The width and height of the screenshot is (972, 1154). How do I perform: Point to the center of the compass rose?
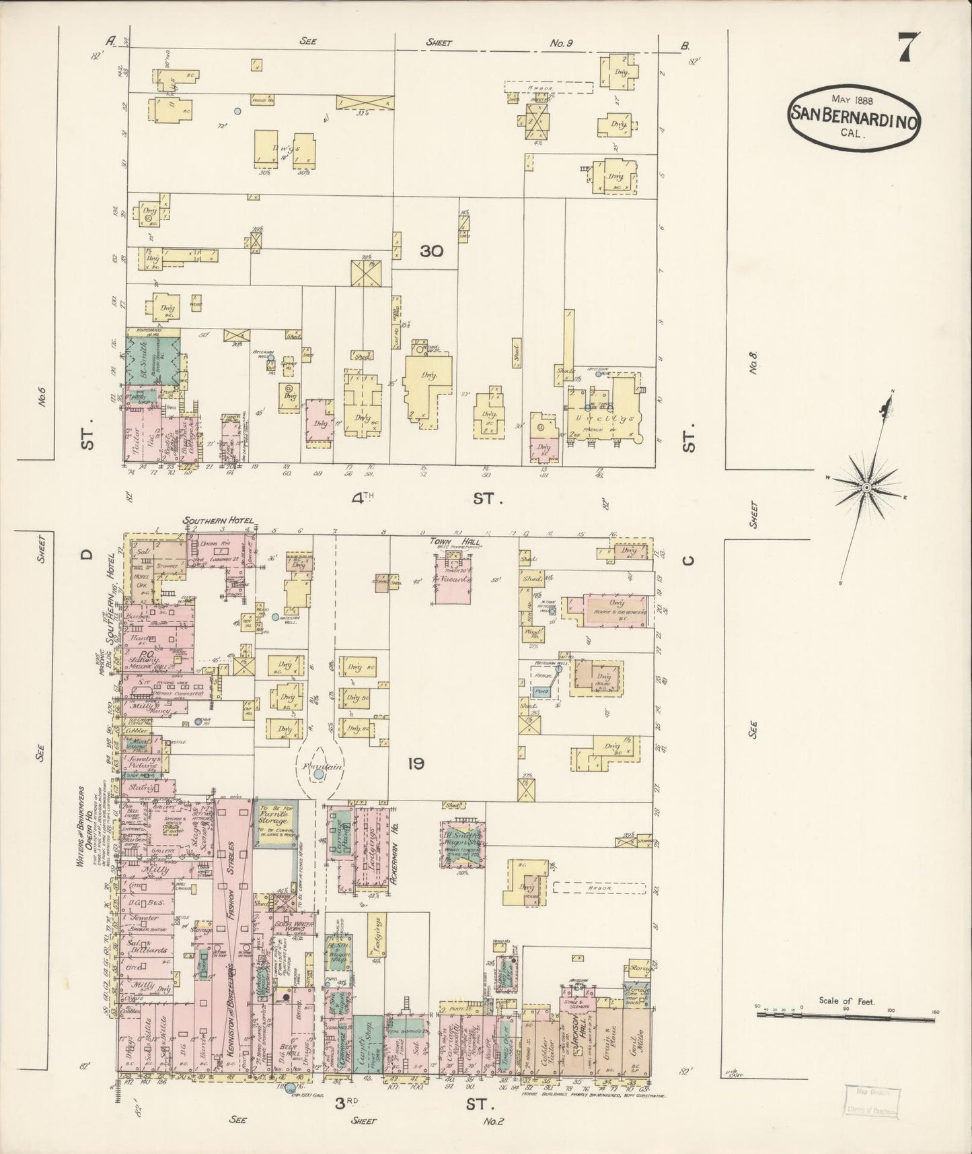tap(867, 486)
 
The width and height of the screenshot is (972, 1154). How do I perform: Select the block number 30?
tap(431, 252)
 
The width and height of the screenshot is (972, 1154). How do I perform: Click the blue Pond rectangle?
tap(542, 691)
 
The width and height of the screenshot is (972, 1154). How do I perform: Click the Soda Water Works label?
tap(294, 924)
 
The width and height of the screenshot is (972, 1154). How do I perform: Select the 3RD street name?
tap(349, 1102)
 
